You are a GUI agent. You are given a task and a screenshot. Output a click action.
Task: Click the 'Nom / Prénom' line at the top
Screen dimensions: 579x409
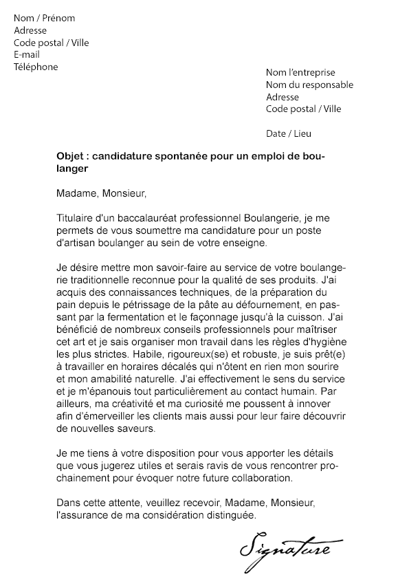click(x=44, y=18)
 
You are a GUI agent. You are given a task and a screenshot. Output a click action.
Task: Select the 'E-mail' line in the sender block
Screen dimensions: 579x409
click(x=27, y=54)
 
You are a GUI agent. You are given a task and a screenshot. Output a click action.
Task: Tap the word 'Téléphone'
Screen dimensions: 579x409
click(x=36, y=67)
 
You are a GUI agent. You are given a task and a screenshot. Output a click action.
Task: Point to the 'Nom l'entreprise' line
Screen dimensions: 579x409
click(x=300, y=72)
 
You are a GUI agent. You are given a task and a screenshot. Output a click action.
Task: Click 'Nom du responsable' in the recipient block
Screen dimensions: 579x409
click(x=309, y=85)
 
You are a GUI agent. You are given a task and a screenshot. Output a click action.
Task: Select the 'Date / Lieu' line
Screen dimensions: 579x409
click(x=288, y=133)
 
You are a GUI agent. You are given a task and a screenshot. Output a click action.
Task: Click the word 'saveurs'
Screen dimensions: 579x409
click(x=140, y=428)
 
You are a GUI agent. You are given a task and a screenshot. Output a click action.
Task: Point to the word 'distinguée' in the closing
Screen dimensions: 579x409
click(x=229, y=514)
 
